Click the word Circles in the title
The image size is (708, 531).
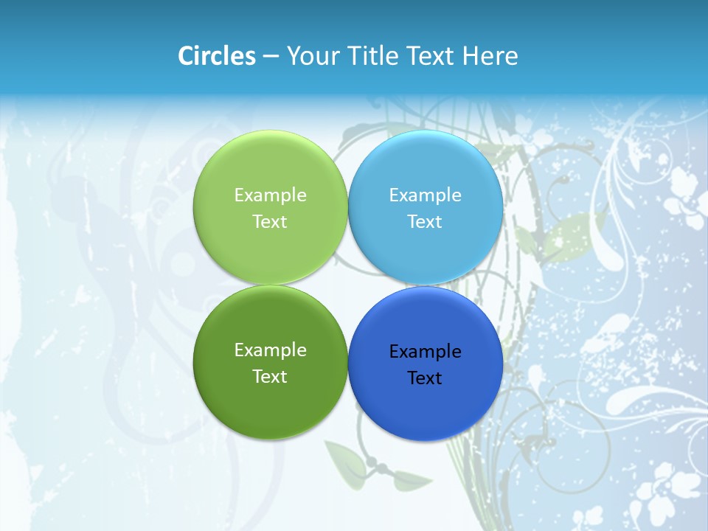(217, 56)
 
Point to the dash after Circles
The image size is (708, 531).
(271, 57)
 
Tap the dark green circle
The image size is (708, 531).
(270, 403)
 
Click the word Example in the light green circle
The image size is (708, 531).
(270, 195)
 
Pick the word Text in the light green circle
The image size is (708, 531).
(270, 222)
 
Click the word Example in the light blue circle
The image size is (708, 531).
(426, 195)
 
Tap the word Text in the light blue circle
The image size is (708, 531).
(426, 222)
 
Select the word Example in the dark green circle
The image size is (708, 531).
(270, 350)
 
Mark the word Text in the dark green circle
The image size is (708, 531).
(270, 377)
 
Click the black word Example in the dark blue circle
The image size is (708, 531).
(426, 352)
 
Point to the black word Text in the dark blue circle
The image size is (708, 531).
(426, 378)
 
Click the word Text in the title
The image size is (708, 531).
(432, 56)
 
